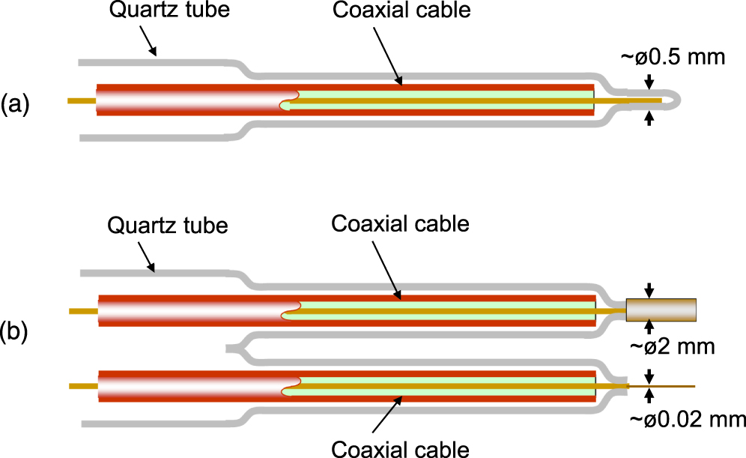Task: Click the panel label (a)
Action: pos(15,104)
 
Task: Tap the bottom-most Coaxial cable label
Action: pos(400,448)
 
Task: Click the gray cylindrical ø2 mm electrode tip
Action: pos(661,309)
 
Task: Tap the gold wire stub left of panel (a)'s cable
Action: pos(81,100)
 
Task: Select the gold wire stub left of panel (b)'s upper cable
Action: pos(82,310)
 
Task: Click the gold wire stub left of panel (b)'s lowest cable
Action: pos(82,386)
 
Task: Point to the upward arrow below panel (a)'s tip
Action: pos(649,118)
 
